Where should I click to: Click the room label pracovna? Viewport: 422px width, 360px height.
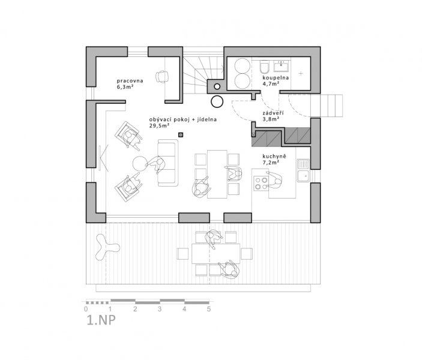click(130, 81)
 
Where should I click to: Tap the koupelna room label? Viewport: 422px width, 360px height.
click(276, 78)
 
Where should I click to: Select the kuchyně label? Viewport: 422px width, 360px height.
click(274, 157)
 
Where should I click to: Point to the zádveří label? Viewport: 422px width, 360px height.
click(273, 113)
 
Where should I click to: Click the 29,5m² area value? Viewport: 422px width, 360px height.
click(159, 125)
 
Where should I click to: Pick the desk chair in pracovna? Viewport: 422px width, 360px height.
click(161, 76)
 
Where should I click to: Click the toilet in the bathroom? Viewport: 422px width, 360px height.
click(264, 67)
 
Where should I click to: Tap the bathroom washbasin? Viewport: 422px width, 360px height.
click(282, 66)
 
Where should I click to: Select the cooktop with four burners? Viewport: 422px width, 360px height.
click(261, 183)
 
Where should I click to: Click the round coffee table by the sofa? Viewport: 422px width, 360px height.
click(140, 164)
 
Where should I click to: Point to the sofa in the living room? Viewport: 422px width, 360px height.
click(168, 163)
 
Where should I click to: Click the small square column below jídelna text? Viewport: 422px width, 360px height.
click(181, 135)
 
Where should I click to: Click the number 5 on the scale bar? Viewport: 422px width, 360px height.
click(208, 309)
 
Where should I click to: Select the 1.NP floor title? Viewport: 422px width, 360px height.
click(101, 320)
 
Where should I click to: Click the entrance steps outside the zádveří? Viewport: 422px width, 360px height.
click(327, 106)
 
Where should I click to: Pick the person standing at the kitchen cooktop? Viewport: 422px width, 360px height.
click(274, 180)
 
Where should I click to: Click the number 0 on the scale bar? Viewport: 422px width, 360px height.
click(86, 309)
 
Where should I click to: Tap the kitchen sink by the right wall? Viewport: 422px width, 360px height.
click(303, 170)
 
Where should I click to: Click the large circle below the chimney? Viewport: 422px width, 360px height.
click(217, 101)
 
